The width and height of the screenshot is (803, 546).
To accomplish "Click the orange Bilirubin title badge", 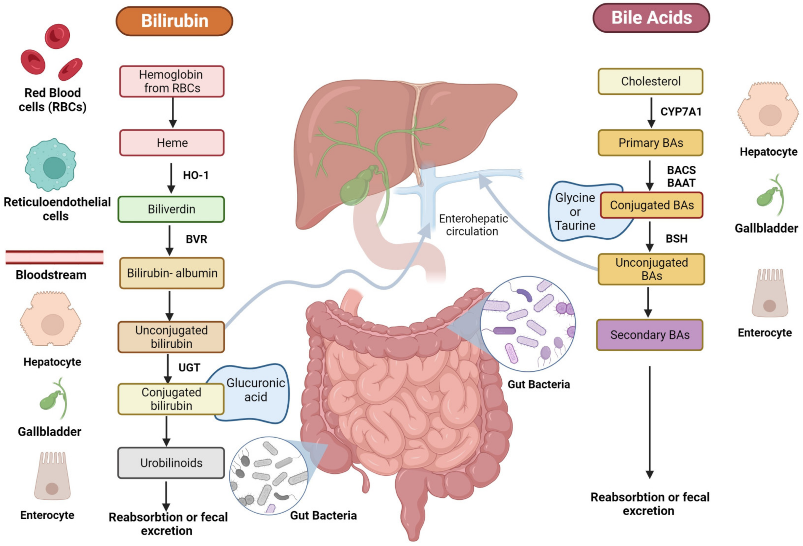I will click(174, 21).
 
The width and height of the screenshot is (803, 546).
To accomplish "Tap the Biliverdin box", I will click(171, 209).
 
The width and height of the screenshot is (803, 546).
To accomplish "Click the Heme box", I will click(172, 143).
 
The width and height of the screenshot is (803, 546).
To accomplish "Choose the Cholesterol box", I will click(650, 82).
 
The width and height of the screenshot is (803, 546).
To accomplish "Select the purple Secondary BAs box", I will click(650, 335).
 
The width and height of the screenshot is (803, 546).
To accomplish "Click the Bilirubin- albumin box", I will click(172, 273).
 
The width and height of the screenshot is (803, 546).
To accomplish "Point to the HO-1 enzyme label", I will click(196, 175).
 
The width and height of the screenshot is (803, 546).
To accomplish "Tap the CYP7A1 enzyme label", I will click(681, 112).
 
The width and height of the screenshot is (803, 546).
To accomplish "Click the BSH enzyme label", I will click(676, 239).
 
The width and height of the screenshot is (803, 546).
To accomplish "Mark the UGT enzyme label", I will click(189, 368).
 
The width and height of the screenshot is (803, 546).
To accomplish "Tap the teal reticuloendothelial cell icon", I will click(51, 165).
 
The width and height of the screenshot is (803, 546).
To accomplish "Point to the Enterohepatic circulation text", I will click(473, 225).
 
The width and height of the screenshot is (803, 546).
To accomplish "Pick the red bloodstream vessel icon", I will click(54, 257).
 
